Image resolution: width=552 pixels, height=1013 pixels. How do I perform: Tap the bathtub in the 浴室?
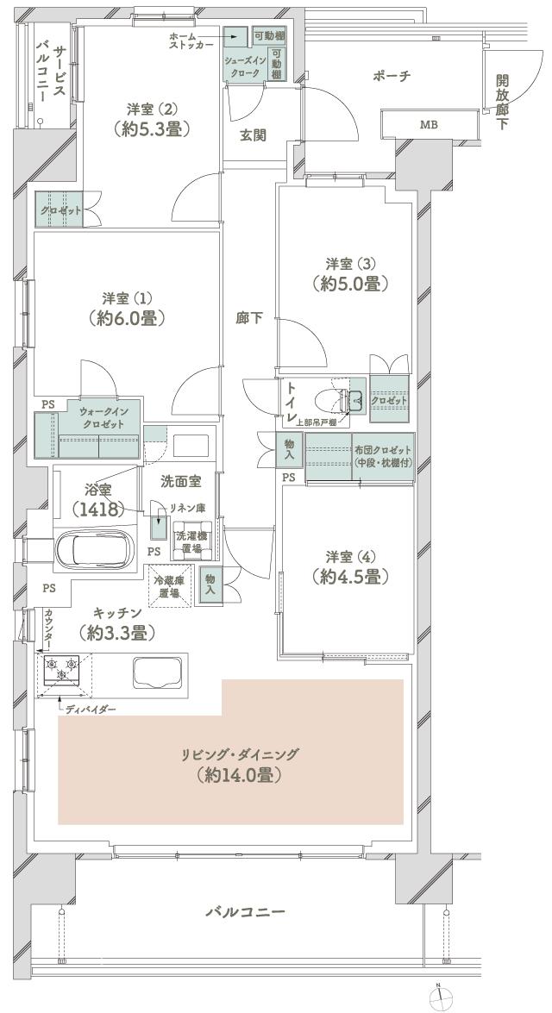tap(97, 548)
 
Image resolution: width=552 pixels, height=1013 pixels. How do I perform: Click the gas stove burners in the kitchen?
tap(57, 667)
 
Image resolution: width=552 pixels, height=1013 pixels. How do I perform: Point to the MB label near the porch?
tap(429, 125)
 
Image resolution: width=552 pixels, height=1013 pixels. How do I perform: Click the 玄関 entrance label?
tap(252, 134)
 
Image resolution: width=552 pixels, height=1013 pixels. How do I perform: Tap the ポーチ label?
tap(391, 77)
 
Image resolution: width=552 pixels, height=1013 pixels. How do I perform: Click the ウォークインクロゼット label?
tap(102, 418)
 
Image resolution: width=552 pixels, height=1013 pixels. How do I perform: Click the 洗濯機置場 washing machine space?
tap(185, 541)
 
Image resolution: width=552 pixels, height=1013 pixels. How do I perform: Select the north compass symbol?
tap(440, 997)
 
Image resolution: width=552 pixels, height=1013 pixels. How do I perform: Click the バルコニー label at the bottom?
tap(245, 911)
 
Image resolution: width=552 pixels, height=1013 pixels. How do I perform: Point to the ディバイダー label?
tap(91, 710)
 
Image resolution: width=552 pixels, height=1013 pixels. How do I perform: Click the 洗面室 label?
tap(183, 481)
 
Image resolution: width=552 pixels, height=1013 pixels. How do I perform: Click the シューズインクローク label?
tap(248, 67)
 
